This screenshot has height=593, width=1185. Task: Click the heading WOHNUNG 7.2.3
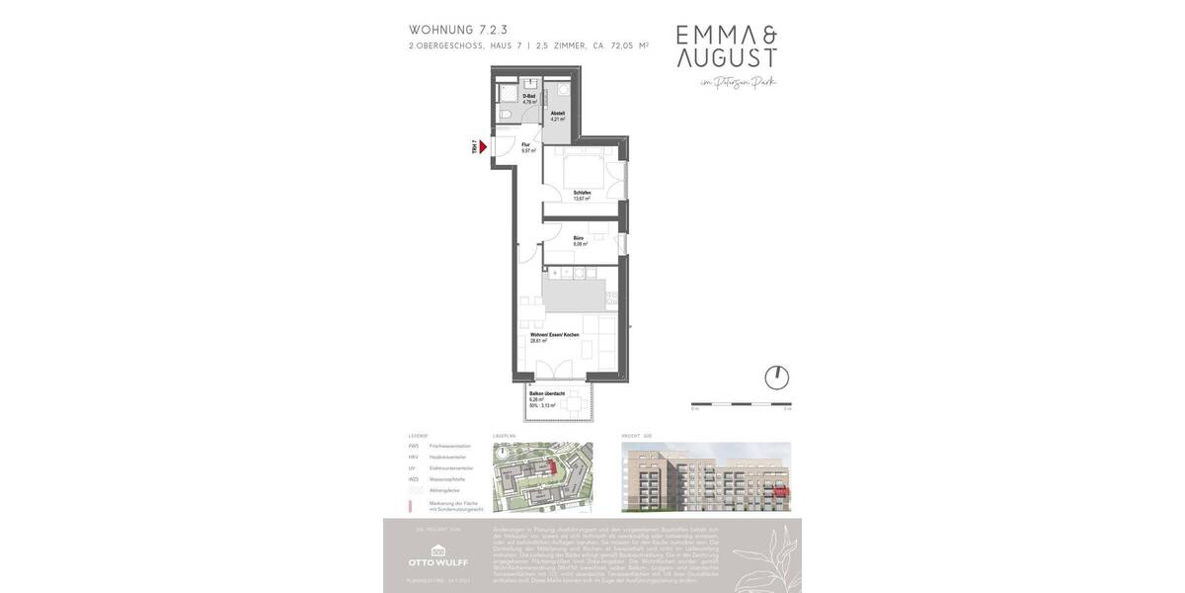458,30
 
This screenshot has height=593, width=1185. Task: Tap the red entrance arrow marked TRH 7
483,147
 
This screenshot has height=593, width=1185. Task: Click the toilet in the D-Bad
505,116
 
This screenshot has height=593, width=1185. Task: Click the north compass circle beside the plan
777,378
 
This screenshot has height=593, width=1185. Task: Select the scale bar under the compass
741,404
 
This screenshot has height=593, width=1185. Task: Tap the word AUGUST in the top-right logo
726,58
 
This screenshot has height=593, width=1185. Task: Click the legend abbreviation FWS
414,446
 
